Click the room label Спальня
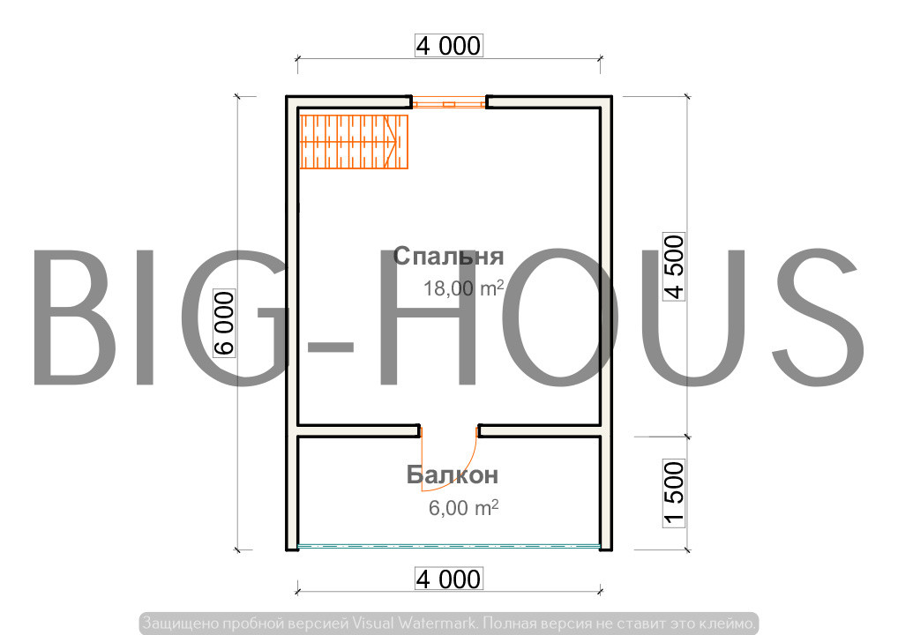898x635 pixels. [448, 257]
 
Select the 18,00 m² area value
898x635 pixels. [464, 288]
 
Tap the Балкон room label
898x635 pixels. [453, 475]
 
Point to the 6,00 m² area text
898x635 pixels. [464, 508]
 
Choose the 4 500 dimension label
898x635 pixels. [674, 267]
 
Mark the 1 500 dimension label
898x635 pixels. [674, 493]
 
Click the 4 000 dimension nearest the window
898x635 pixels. [449, 46]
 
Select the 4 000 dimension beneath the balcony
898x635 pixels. [449, 579]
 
